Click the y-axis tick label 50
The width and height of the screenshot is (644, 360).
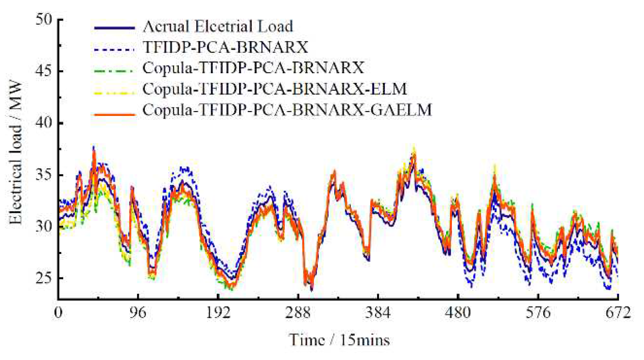point(44,19)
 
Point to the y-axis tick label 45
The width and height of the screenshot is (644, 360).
point(44,71)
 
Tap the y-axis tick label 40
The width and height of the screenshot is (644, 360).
point(44,123)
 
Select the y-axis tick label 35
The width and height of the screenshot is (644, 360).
point(44,175)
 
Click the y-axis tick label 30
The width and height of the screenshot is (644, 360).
point(44,226)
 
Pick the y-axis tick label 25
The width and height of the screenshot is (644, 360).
point(44,278)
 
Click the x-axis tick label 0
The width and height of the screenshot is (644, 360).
point(58,313)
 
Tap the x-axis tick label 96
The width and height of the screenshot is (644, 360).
point(138,313)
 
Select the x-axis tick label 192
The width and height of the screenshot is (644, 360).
point(218,313)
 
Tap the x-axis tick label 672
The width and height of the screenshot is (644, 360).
point(618,313)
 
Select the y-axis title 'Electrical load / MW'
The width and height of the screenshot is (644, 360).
point(16,153)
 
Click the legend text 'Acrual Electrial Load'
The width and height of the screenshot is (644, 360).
point(218,27)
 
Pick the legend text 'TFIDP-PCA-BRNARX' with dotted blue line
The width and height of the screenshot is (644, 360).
point(225,47)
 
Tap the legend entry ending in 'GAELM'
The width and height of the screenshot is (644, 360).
point(287,110)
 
